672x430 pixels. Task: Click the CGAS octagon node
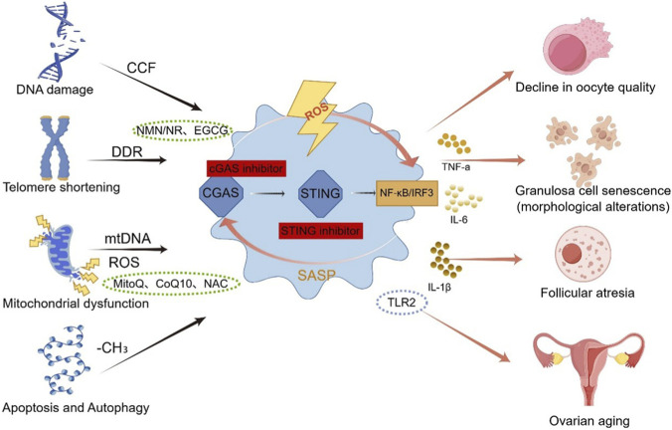point(221,193)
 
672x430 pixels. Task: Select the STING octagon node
point(320,193)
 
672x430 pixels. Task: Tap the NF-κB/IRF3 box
point(407,193)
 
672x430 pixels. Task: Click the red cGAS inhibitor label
point(247,168)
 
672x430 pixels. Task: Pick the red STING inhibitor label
point(320,231)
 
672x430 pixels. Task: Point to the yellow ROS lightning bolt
point(312,115)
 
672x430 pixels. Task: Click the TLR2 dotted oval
point(402,303)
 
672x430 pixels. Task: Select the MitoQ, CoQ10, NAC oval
point(171,284)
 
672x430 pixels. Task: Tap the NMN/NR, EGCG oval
point(183,130)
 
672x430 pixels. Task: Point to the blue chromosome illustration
point(55,147)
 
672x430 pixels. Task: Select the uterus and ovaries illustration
point(588,364)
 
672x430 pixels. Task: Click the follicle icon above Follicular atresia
point(583,253)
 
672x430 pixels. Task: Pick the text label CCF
point(141,68)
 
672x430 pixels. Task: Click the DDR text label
point(127,152)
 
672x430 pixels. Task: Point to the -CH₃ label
point(112,348)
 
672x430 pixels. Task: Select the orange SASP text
point(316,275)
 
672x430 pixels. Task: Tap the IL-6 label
point(459,220)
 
